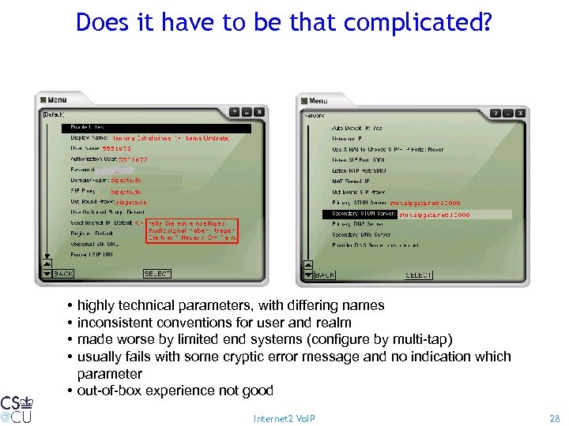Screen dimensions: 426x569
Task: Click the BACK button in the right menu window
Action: pyautogui.click(x=324, y=275)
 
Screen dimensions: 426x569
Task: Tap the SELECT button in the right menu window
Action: pyautogui.click(x=418, y=275)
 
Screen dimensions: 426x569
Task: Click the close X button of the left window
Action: pyautogui.click(x=259, y=113)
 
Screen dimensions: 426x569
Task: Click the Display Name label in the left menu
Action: pyautogui.click(x=89, y=137)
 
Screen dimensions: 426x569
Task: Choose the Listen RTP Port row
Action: pyautogui.click(x=359, y=170)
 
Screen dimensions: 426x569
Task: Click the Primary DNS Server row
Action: pyautogui.click(x=360, y=224)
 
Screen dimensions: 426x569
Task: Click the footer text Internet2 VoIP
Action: pyautogui.click(x=284, y=418)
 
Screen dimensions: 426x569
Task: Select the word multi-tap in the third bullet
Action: pyautogui.click(x=423, y=339)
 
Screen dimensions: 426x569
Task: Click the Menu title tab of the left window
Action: pyautogui.click(x=56, y=100)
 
